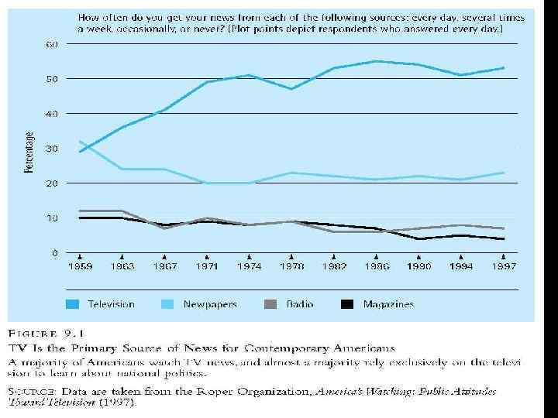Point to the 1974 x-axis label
pos(249,266)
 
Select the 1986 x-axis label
pos(375,266)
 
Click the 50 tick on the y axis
pos(51,79)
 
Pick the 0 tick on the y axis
pos(54,252)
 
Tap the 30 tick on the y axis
pos(51,149)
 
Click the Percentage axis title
pos(29,152)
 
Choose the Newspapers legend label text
pos(209,304)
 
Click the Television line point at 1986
pos(375,61)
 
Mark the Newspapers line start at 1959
pos(80,142)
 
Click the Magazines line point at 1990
pos(418,238)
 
